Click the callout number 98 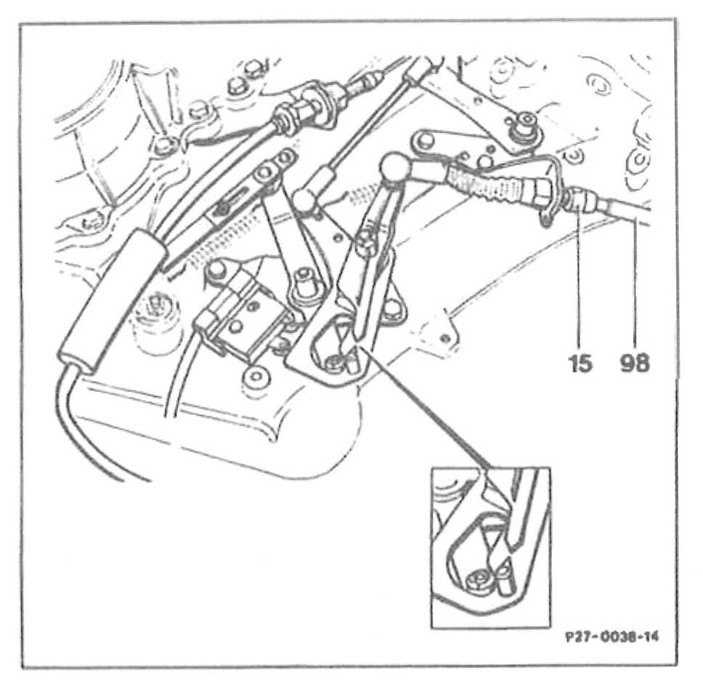pyautogui.click(x=635, y=363)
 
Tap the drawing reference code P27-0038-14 pyautogui.click(x=612, y=638)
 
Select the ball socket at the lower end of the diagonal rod pyautogui.click(x=305, y=198)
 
